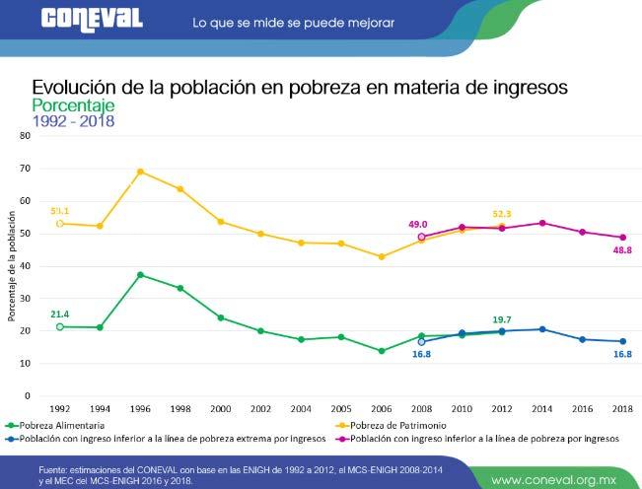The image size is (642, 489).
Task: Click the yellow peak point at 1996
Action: click(x=140, y=172)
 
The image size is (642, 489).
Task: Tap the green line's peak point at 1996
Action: click(x=140, y=274)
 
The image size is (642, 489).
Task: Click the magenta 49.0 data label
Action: click(x=418, y=224)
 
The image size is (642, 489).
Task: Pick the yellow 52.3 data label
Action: click(x=503, y=214)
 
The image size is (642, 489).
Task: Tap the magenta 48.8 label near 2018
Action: click(x=622, y=251)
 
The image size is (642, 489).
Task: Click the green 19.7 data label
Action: click(x=503, y=318)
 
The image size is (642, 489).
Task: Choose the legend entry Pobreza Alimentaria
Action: click(x=57, y=425)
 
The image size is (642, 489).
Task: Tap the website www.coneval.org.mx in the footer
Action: click(x=560, y=479)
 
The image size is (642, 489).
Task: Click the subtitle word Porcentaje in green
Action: click(x=74, y=105)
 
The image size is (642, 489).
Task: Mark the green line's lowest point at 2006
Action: click(x=381, y=351)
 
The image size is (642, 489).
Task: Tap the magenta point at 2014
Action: click(x=541, y=223)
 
